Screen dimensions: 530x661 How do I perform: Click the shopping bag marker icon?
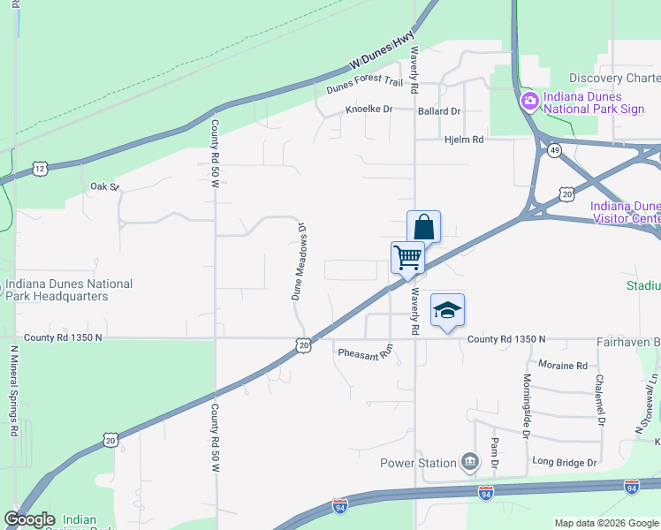[x=423, y=227]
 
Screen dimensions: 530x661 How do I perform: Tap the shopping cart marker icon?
[x=407, y=258]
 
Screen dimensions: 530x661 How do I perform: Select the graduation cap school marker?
[x=448, y=310]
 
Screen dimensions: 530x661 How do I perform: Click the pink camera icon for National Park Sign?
[x=529, y=102]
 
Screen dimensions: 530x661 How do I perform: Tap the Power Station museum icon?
[x=469, y=462]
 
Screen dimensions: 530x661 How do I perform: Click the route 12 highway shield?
[x=40, y=167]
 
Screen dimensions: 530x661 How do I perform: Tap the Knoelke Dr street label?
[x=368, y=111]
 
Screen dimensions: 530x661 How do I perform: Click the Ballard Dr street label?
[x=440, y=111]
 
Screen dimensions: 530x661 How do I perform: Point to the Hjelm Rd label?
[x=464, y=140]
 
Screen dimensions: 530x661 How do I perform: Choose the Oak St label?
[x=104, y=186]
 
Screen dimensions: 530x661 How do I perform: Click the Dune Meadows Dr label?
[x=300, y=261]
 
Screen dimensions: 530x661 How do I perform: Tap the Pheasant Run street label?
[x=364, y=353]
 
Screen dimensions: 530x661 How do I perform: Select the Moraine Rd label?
[x=563, y=365]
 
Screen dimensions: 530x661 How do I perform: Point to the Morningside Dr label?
[x=526, y=405]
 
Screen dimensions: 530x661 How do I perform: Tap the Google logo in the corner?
[x=29, y=519]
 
